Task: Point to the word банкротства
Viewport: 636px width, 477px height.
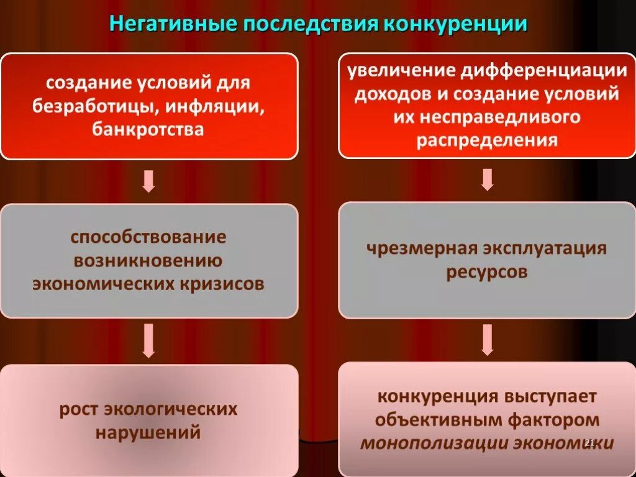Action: tap(148, 129)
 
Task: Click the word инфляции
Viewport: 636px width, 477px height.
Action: tap(216, 106)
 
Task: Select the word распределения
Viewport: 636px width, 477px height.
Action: tap(487, 140)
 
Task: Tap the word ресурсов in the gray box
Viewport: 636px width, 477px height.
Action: tap(486, 272)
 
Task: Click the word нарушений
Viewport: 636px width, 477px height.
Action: tap(148, 432)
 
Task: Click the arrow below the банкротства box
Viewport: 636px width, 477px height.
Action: tap(148, 181)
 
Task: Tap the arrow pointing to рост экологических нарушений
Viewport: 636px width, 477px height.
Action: tap(148, 340)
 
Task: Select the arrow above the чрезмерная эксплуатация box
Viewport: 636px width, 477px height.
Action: tap(487, 179)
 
